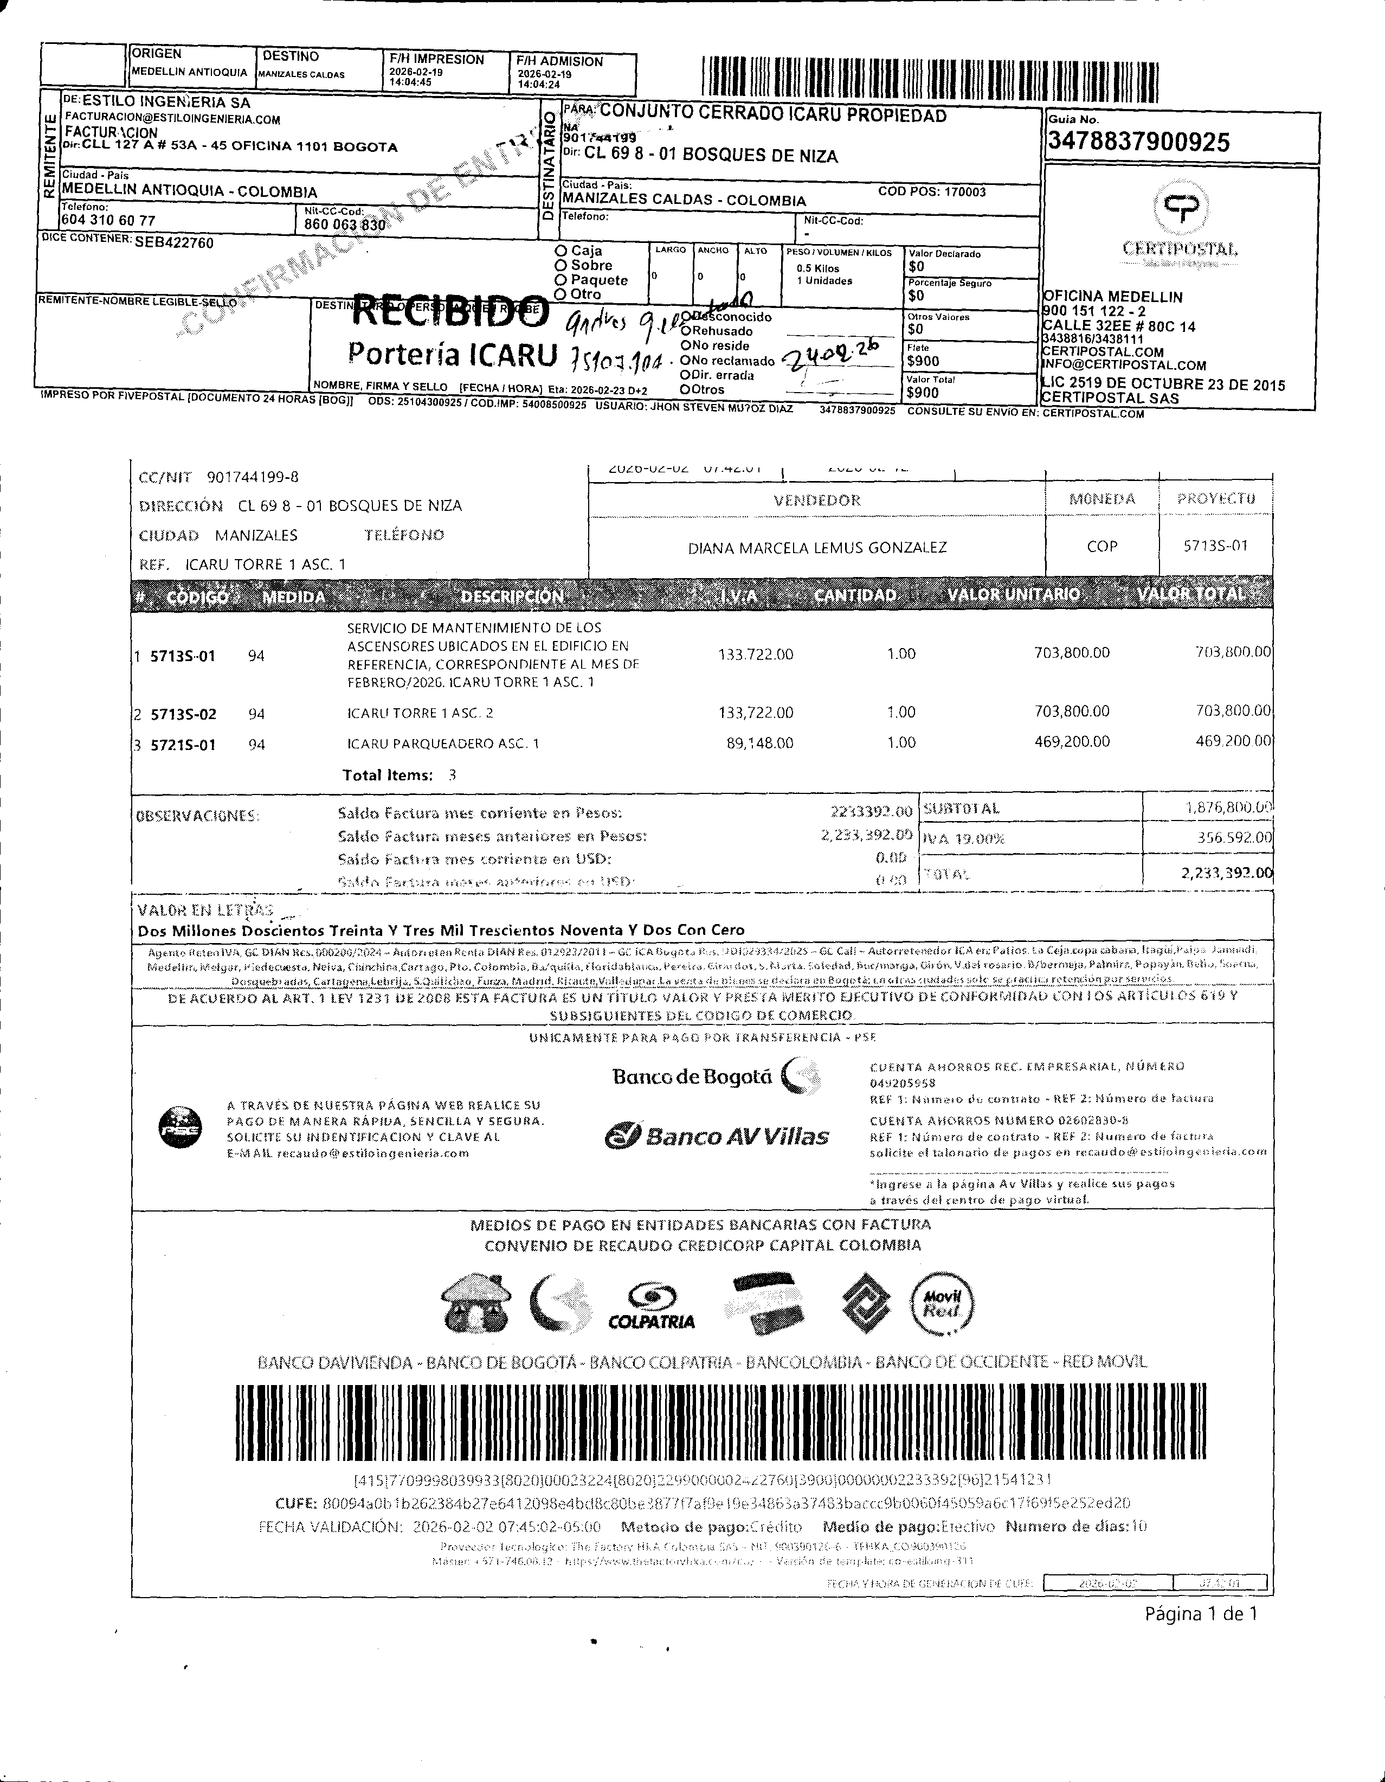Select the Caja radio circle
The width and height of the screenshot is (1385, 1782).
(561, 251)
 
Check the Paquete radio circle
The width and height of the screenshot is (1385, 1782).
(561, 280)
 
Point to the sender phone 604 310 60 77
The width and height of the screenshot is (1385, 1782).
(108, 220)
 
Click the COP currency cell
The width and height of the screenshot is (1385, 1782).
(1102, 547)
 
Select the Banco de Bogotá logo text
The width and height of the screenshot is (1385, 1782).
(692, 1077)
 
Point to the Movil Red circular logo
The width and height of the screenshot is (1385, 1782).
(940, 1303)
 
